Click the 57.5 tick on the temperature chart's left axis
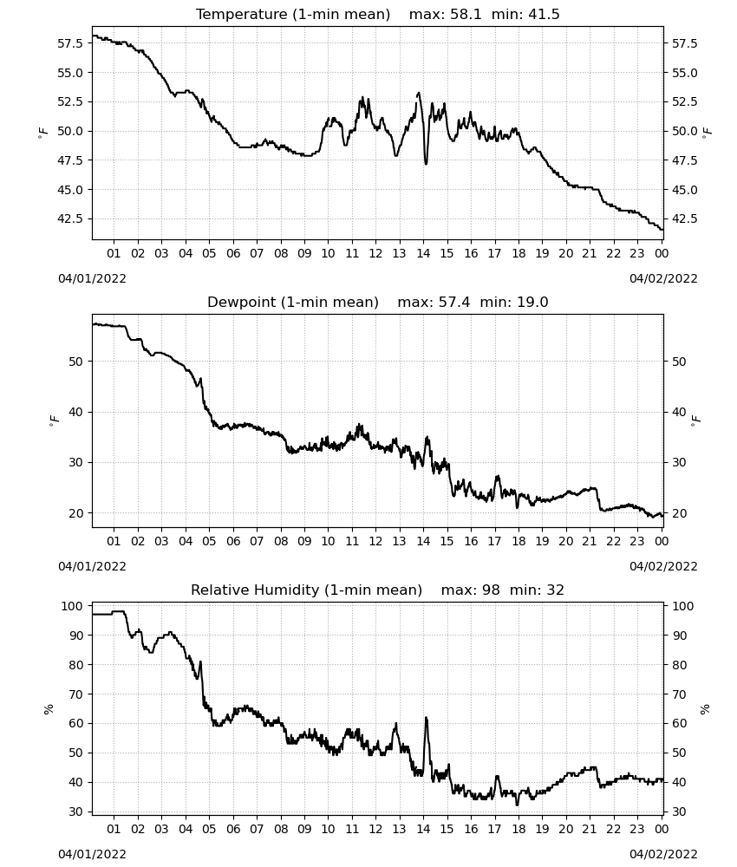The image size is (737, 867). [x=70, y=43]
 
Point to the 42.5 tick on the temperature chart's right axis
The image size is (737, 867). [x=684, y=219]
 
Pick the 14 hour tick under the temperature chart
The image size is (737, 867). [x=423, y=253]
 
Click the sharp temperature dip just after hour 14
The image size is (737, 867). [x=426, y=163]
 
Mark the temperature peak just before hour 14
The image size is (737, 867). [x=419, y=94]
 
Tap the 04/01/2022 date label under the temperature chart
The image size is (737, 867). [x=92, y=278]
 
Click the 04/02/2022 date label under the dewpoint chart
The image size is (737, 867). [x=663, y=567]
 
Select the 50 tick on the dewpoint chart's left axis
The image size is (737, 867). [x=76, y=362]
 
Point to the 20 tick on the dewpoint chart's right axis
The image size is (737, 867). [x=678, y=513]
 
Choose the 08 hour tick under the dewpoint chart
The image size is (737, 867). [x=281, y=541]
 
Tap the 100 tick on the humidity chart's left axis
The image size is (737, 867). [x=73, y=606]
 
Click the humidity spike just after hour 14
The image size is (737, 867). [x=427, y=718]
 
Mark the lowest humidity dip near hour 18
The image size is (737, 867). [x=518, y=805]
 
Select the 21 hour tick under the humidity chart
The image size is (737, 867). [x=590, y=830]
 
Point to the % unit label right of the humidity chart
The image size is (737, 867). [x=705, y=709]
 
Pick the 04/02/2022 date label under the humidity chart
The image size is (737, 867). [x=663, y=855]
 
